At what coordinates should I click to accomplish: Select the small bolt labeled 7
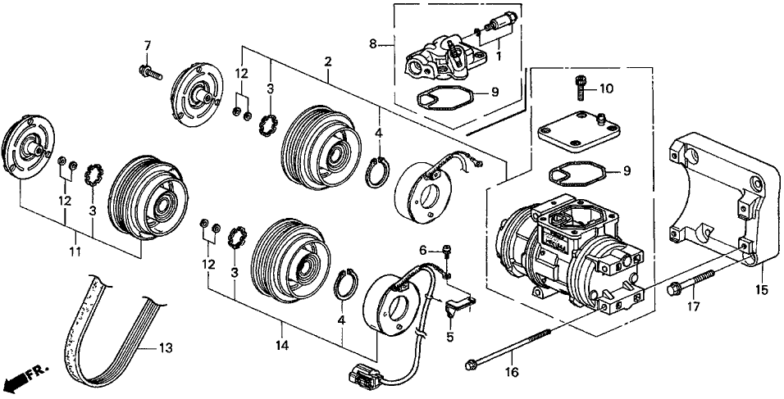148,72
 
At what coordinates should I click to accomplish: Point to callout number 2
328,62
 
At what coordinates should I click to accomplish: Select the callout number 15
762,290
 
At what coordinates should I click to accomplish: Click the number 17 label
694,307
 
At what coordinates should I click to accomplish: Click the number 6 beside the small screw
424,249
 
